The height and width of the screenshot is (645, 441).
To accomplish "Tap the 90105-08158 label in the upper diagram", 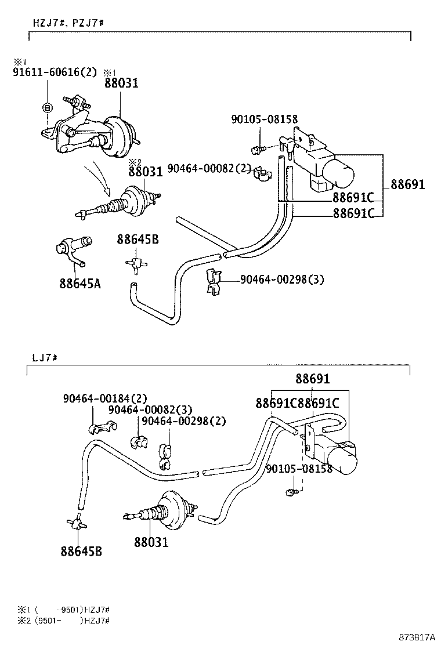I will pyautogui.click(x=264, y=119).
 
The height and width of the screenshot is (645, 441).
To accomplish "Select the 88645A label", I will pyautogui.click(x=79, y=284).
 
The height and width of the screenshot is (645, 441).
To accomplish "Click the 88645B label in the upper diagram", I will pyautogui.click(x=138, y=239).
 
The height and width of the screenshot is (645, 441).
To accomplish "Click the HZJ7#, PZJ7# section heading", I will pyautogui.click(x=68, y=23).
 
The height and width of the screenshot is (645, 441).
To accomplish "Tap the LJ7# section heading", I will pyautogui.click(x=44, y=357).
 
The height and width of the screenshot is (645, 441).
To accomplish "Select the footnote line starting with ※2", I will pyautogui.click(x=64, y=621).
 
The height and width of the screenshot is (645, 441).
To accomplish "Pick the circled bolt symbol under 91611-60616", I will pyautogui.click(x=48, y=107).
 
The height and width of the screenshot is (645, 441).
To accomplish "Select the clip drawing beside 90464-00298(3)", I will pyautogui.click(x=213, y=280).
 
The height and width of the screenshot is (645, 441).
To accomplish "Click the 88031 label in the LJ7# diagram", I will pyautogui.click(x=151, y=542).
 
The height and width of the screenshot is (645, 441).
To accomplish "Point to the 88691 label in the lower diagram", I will pyautogui.click(x=312, y=379).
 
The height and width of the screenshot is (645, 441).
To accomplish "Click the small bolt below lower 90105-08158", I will pyautogui.click(x=291, y=492).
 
